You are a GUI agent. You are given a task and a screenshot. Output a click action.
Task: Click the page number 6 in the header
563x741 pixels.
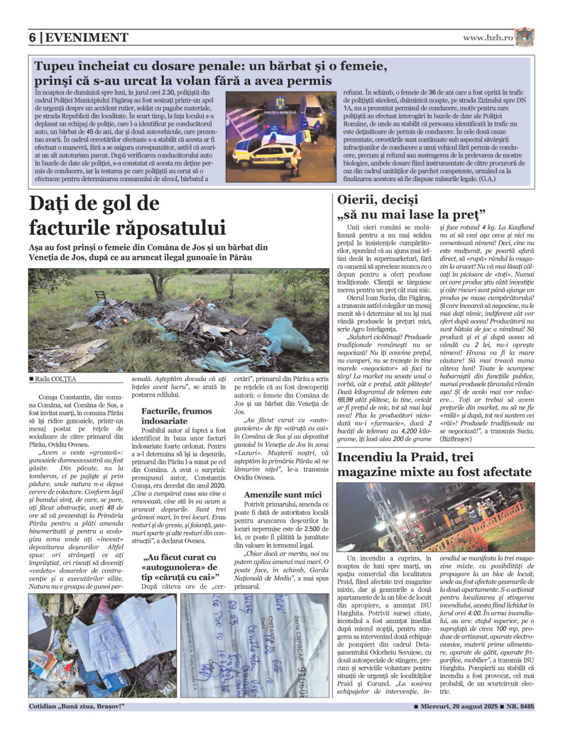33,38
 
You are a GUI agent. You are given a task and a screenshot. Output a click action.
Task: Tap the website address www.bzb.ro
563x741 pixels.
488,38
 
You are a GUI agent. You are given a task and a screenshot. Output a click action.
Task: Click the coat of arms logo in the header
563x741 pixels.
524,37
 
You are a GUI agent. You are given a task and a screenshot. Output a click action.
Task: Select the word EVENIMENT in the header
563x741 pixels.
86,38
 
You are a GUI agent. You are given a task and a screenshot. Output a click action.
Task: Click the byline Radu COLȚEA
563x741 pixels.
55,379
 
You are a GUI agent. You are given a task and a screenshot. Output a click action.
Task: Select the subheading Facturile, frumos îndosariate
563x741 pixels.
176,416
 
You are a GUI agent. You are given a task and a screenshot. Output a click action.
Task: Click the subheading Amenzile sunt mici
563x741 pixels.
282,495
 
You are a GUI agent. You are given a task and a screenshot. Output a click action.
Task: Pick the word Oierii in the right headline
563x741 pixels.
356,200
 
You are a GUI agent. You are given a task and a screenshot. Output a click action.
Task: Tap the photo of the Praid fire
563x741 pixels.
435,516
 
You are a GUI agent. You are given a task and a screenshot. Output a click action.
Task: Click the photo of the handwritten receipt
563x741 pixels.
255,645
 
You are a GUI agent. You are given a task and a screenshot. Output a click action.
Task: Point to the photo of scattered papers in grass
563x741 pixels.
103,645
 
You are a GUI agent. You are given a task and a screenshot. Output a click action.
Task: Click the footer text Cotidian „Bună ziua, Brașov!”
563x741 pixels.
77,707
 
